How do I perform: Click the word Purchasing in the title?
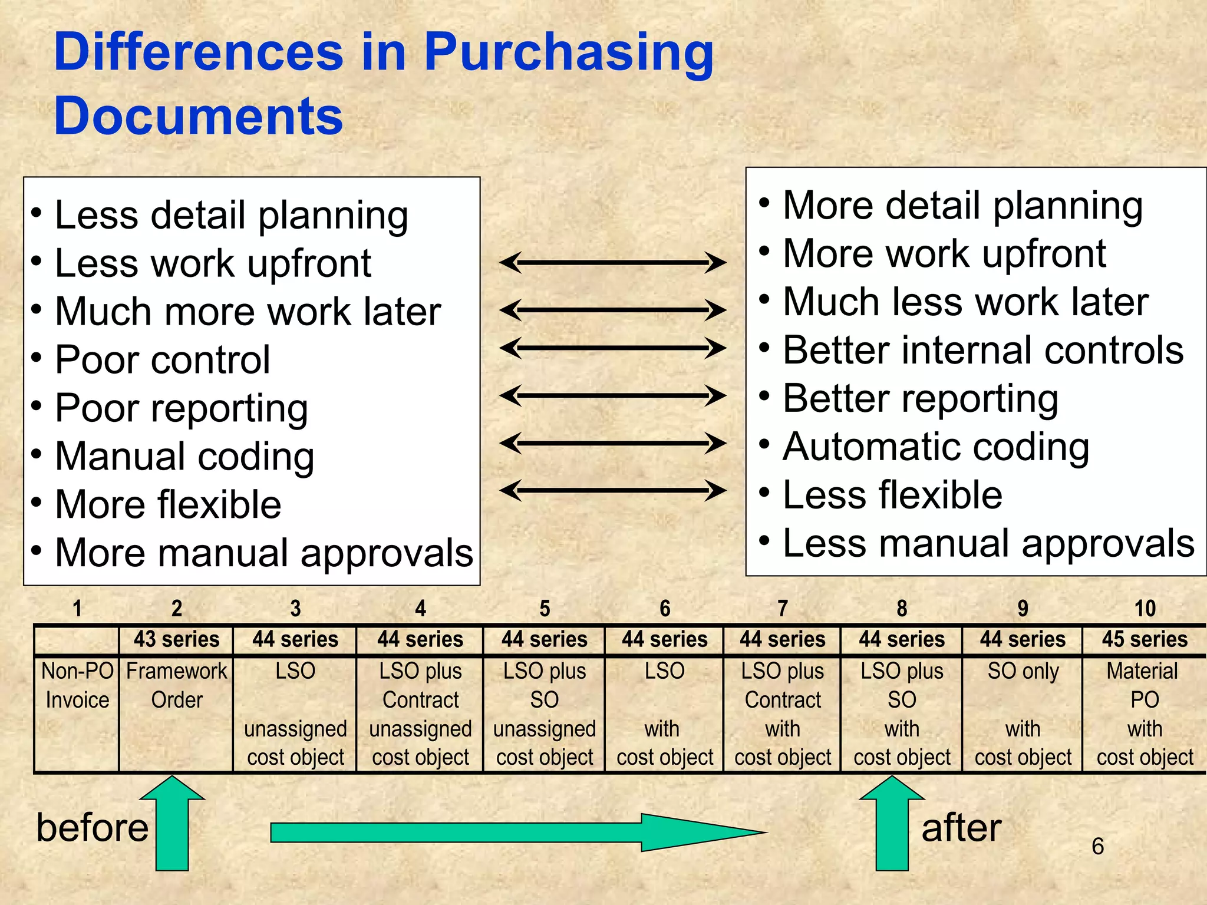tap(568, 53)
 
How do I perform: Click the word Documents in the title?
tap(198, 116)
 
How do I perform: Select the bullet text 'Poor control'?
tap(162, 359)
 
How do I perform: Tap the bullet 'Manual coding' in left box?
tap(184, 457)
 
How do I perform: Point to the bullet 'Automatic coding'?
tap(936, 447)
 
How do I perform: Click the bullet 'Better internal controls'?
tap(983, 351)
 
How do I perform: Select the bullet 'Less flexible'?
tap(892, 495)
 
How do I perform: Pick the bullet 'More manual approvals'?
tap(263, 553)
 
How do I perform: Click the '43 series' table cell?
tap(176, 640)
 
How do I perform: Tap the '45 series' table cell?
tap(1145, 640)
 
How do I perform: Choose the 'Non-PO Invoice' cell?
tap(77, 686)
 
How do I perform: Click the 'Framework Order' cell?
tap(176, 686)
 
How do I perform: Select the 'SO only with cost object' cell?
tap(1023, 714)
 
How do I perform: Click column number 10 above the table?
tap(1145, 609)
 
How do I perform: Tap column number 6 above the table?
tap(665, 609)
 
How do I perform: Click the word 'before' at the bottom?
tap(93, 828)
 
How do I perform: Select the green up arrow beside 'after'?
tap(892, 825)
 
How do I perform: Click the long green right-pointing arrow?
tap(513, 833)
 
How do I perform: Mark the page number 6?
tap(1097, 847)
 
